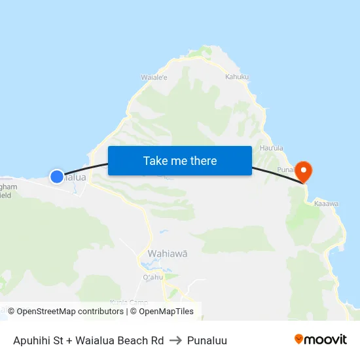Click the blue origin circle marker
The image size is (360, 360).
(57, 176)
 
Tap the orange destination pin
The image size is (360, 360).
(304, 171)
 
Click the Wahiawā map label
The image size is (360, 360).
(167, 253)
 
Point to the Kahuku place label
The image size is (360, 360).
(237, 77)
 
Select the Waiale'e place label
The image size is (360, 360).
(154, 77)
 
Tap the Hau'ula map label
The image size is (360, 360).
(271, 149)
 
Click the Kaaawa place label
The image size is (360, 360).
(326, 204)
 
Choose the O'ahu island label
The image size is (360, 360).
(153, 277)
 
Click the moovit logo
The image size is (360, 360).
(320, 340)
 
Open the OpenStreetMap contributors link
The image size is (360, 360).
(70, 312)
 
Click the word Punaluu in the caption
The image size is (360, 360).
(207, 340)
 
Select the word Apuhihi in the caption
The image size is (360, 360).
(32, 340)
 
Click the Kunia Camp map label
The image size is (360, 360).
(128, 302)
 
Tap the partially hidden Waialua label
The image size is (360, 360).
(75, 177)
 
